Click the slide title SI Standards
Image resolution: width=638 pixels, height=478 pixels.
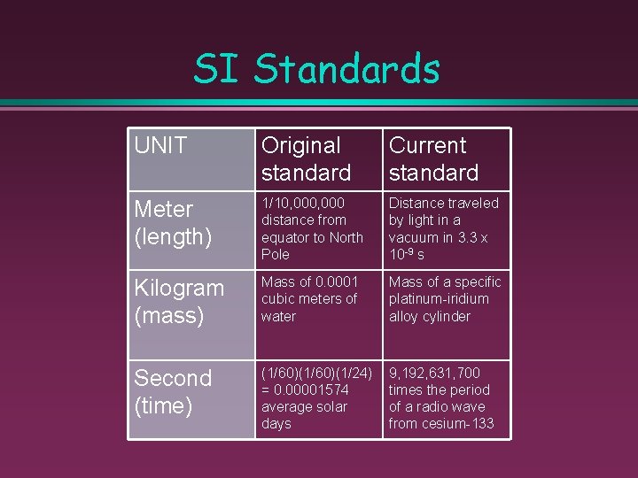click(317, 69)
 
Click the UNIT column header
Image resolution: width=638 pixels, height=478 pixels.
click(160, 145)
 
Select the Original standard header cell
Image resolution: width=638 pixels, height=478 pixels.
click(306, 158)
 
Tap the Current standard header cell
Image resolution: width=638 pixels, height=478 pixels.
click(433, 158)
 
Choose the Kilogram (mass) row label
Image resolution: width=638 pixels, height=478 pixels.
click(178, 301)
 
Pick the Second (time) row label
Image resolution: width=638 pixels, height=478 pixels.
click(173, 391)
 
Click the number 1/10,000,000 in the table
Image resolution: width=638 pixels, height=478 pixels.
click(303, 203)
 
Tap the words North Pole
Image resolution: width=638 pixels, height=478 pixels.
click(312, 245)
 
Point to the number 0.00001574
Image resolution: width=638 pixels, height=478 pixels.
click(313, 389)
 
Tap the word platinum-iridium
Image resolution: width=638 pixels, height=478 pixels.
click(439, 299)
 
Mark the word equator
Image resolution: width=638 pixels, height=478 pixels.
click(286, 237)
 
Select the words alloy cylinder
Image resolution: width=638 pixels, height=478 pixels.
click(429, 316)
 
